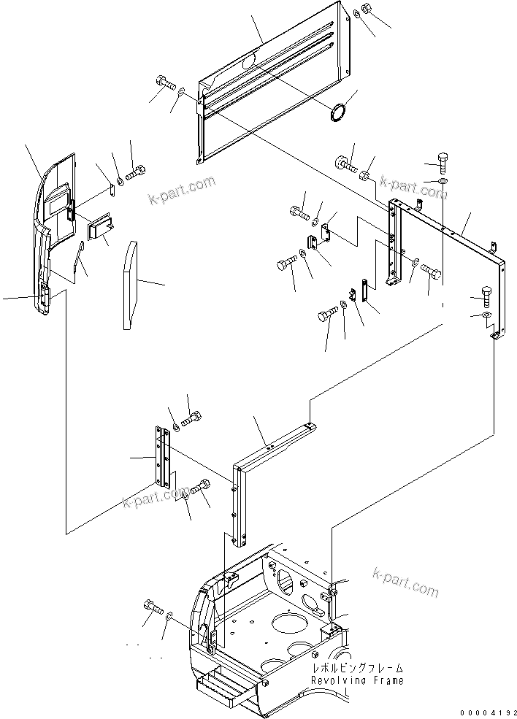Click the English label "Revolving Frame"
[x=357, y=680]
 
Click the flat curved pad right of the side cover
[x=131, y=285]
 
